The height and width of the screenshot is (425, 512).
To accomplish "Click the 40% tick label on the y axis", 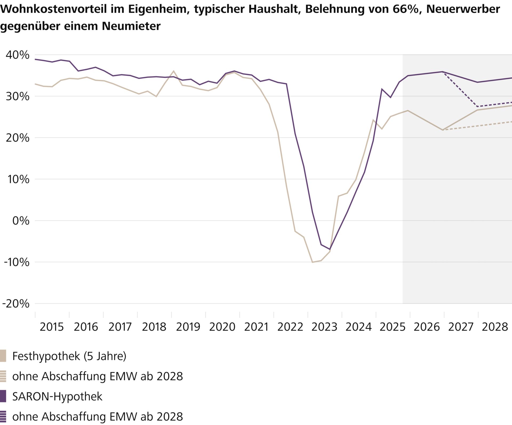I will tap(18, 55).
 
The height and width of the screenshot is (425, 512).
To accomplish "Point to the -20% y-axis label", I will tap(16, 304).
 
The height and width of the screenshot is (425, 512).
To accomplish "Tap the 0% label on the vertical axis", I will tap(21, 221).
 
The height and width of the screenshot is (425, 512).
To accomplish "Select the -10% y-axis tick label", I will tap(17, 262).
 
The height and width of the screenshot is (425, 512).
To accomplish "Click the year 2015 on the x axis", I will tap(52, 327).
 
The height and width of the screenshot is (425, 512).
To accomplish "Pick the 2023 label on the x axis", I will tap(324, 327).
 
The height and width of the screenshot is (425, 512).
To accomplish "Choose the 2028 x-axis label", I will tap(495, 327).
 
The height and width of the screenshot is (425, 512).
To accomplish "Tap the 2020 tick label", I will tap(222, 327).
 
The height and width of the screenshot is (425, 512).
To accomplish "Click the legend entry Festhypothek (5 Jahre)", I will tap(69, 356).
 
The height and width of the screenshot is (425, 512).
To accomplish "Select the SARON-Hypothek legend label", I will tap(57, 396).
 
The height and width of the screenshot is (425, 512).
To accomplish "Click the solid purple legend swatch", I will tap(3, 396).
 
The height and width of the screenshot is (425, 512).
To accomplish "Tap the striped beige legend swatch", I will tap(3, 376).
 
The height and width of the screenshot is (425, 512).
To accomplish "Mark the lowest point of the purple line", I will tap(330, 249).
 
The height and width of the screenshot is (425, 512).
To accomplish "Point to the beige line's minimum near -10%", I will tap(312, 262).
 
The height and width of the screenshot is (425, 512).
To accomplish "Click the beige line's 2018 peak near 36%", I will tap(174, 71).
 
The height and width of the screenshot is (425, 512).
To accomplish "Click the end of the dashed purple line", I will tap(511, 102).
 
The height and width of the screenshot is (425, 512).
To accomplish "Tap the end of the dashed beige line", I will tap(511, 122).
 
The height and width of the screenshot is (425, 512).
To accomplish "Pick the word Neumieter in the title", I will tap(131, 26).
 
